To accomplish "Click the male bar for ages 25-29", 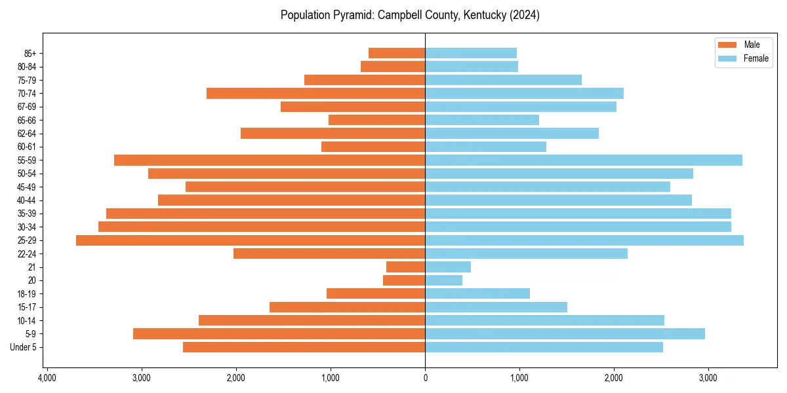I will (x=251, y=240).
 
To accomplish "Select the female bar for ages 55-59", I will (x=584, y=160).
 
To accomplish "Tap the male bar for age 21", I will (x=405, y=267).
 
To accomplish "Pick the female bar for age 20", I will (x=443, y=280).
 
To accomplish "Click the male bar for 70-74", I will (x=315, y=94).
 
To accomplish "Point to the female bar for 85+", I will (x=471, y=53).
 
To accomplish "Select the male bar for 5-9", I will (x=279, y=334).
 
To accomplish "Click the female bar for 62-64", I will (x=512, y=134).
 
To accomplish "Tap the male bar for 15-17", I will (x=347, y=307).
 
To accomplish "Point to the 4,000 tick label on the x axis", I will (x=47, y=378).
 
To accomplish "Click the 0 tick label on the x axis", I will (x=425, y=378).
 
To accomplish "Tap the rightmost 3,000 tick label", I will (x=708, y=378).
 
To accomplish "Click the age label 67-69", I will (x=27, y=107).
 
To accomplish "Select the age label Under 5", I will (x=24, y=347).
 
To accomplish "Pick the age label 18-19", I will (x=27, y=294).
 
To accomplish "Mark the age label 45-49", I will (x=27, y=187).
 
